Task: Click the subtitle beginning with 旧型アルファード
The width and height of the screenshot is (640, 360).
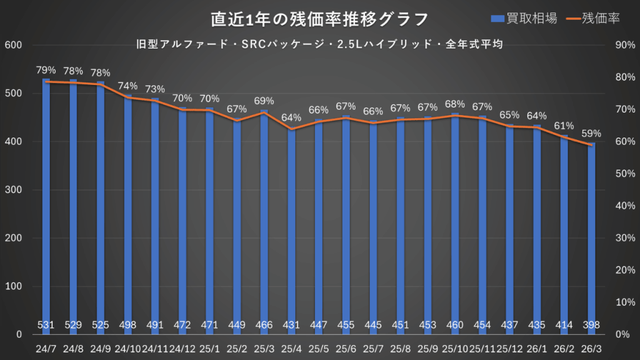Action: click(319, 44)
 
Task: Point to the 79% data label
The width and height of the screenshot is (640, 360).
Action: click(46, 70)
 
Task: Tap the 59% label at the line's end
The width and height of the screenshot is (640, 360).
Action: click(591, 133)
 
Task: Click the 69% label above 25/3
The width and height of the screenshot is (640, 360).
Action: click(264, 101)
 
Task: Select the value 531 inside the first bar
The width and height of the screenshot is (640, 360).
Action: click(46, 325)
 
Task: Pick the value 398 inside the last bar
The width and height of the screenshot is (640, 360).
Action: click(591, 325)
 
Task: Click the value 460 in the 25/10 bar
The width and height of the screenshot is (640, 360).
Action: click(454, 325)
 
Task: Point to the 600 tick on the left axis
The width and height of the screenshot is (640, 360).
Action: click(13, 45)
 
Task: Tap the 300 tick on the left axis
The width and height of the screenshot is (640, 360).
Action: click(13, 190)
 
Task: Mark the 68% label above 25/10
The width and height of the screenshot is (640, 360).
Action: click(454, 104)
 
